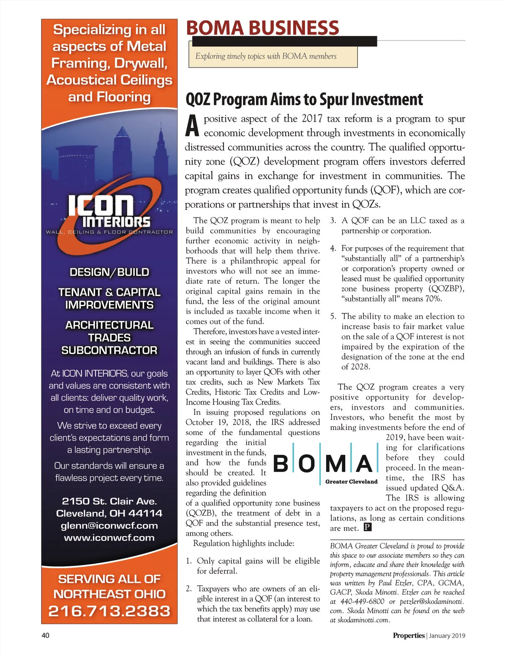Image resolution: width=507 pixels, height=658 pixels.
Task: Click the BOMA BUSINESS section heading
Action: [x=262, y=28]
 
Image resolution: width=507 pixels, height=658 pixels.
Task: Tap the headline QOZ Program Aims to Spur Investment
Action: [x=304, y=100]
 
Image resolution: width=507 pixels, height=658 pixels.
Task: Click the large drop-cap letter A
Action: [x=192, y=125]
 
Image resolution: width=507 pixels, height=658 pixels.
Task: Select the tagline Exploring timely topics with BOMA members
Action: [x=266, y=56]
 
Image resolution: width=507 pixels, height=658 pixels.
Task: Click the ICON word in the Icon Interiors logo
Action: [x=101, y=205]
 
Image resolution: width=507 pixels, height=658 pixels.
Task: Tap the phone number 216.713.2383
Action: [x=109, y=611]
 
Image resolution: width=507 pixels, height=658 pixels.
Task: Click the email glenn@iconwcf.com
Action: [x=109, y=525]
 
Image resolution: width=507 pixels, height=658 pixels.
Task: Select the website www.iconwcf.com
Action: [x=109, y=538]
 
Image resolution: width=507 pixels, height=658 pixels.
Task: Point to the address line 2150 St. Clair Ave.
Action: [x=109, y=501]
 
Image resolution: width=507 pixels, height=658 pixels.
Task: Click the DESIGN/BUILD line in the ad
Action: [x=109, y=272]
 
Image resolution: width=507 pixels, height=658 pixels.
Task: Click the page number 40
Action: [x=45, y=636]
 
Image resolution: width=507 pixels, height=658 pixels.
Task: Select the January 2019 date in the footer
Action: [x=447, y=636]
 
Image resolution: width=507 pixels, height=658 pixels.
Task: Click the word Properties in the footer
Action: [x=409, y=636]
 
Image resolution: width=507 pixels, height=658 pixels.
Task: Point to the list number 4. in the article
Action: [x=333, y=248]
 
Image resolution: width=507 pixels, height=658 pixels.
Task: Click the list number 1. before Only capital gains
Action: [x=189, y=561]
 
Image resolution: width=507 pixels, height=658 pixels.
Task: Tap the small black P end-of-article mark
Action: [x=368, y=527]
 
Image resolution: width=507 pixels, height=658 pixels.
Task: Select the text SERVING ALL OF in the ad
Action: [x=109, y=579]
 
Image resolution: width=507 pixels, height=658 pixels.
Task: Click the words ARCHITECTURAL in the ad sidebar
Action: [x=109, y=325]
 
